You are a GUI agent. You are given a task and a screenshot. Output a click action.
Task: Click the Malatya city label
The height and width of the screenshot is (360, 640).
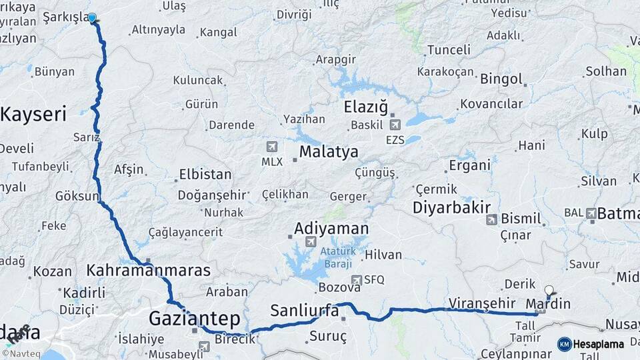328,151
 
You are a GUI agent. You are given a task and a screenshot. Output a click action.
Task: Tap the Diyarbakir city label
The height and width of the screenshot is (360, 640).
451,207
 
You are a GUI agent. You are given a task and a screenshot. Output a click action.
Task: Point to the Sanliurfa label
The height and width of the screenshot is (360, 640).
304,310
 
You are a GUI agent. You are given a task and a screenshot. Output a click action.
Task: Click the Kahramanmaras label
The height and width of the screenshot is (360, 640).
148,271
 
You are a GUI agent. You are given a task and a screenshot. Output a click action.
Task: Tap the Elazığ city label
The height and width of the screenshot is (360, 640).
365,107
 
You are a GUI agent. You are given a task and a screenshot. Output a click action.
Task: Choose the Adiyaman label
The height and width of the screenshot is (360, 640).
331,229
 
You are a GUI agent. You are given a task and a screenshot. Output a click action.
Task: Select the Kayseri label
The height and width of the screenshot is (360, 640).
33,114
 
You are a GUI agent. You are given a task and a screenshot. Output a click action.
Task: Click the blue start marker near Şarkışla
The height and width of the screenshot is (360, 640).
92,18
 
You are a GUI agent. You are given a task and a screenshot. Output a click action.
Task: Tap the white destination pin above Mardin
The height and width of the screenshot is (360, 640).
549,291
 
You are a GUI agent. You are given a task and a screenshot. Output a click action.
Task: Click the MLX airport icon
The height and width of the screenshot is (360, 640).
271,147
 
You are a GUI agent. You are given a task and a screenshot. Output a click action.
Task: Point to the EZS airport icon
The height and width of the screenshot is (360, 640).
395,125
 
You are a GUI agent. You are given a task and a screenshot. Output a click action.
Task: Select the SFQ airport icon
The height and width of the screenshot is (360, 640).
357,281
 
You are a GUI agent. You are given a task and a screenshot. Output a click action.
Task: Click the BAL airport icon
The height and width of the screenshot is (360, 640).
591,213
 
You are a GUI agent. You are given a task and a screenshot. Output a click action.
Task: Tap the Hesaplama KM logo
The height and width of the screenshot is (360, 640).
591,344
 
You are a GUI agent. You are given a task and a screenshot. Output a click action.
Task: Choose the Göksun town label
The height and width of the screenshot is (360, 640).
77,197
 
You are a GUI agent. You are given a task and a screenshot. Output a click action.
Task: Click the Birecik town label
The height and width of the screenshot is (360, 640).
233,339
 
